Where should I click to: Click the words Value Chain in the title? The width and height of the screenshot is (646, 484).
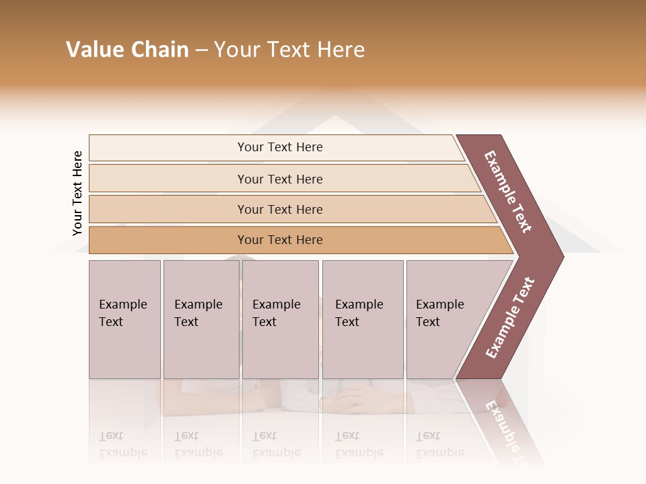click(x=127, y=50)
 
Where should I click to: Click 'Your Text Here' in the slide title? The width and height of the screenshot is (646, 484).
click(x=289, y=50)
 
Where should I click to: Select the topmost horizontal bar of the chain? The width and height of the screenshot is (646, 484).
click(x=279, y=147)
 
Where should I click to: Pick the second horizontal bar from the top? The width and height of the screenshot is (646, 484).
click(x=279, y=179)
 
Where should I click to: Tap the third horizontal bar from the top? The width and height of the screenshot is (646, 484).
click(x=279, y=209)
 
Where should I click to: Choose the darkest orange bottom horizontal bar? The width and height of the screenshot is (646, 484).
click(x=279, y=240)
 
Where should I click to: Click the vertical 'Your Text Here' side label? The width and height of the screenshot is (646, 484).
click(x=77, y=193)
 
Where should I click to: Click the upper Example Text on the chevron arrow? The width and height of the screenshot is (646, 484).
click(x=508, y=192)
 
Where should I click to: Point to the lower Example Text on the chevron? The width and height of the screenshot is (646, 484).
click(x=510, y=318)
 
